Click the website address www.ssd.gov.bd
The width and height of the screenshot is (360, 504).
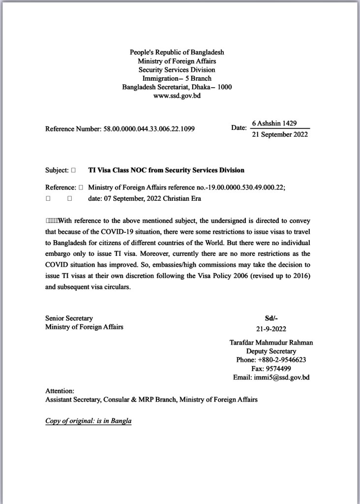click(x=177, y=96)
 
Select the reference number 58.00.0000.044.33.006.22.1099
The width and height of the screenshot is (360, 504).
click(x=149, y=129)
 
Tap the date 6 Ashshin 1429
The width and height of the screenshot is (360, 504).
click(x=274, y=123)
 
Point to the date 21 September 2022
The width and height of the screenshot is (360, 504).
click(x=280, y=134)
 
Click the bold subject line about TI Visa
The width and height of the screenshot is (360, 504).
click(x=166, y=170)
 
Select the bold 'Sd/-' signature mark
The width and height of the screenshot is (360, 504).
click(x=271, y=318)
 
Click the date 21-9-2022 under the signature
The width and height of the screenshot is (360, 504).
click(x=271, y=329)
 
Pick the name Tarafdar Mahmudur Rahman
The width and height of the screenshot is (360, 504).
click(x=271, y=343)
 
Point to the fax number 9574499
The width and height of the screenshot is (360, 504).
click(x=278, y=369)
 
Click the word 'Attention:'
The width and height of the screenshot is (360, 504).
click(x=60, y=390)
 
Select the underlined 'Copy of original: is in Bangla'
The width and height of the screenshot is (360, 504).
click(x=89, y=421)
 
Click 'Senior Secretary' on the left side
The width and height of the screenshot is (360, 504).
click(x=69, y=318)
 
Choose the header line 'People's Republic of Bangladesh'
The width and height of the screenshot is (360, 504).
click(x=177, y=52)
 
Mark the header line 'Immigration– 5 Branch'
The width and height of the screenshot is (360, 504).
click(x=177, y=78)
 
